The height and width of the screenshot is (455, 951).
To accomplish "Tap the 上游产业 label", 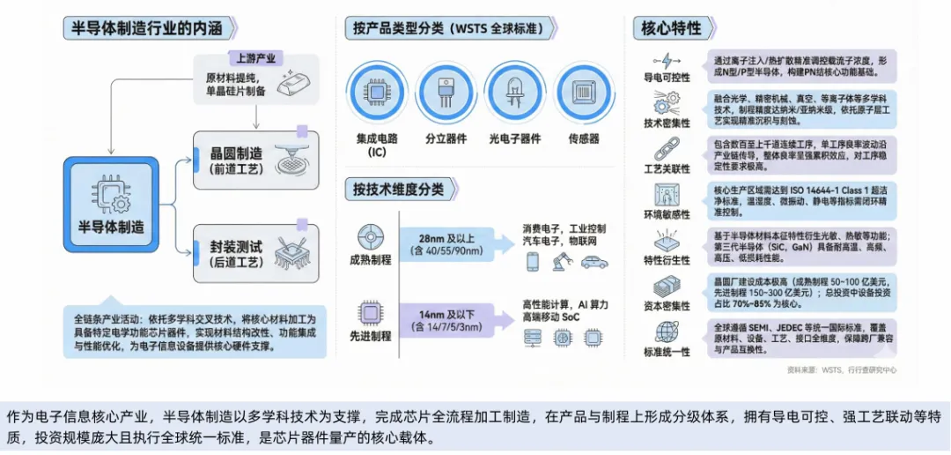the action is pyautogui.click(x=255, y=59).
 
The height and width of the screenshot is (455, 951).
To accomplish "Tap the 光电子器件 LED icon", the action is pyautogui.click(x=513, y=92).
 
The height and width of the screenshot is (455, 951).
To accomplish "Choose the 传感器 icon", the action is pyautogui.click(x=584, y=92).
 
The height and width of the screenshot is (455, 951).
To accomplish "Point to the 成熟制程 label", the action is pyautogui.click(x=371, y=260).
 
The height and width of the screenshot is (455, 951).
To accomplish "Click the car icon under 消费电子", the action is pyautogui.click(x=594, y=262).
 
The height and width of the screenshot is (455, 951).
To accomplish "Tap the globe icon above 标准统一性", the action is pyautogui.click(x=667, y=332).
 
